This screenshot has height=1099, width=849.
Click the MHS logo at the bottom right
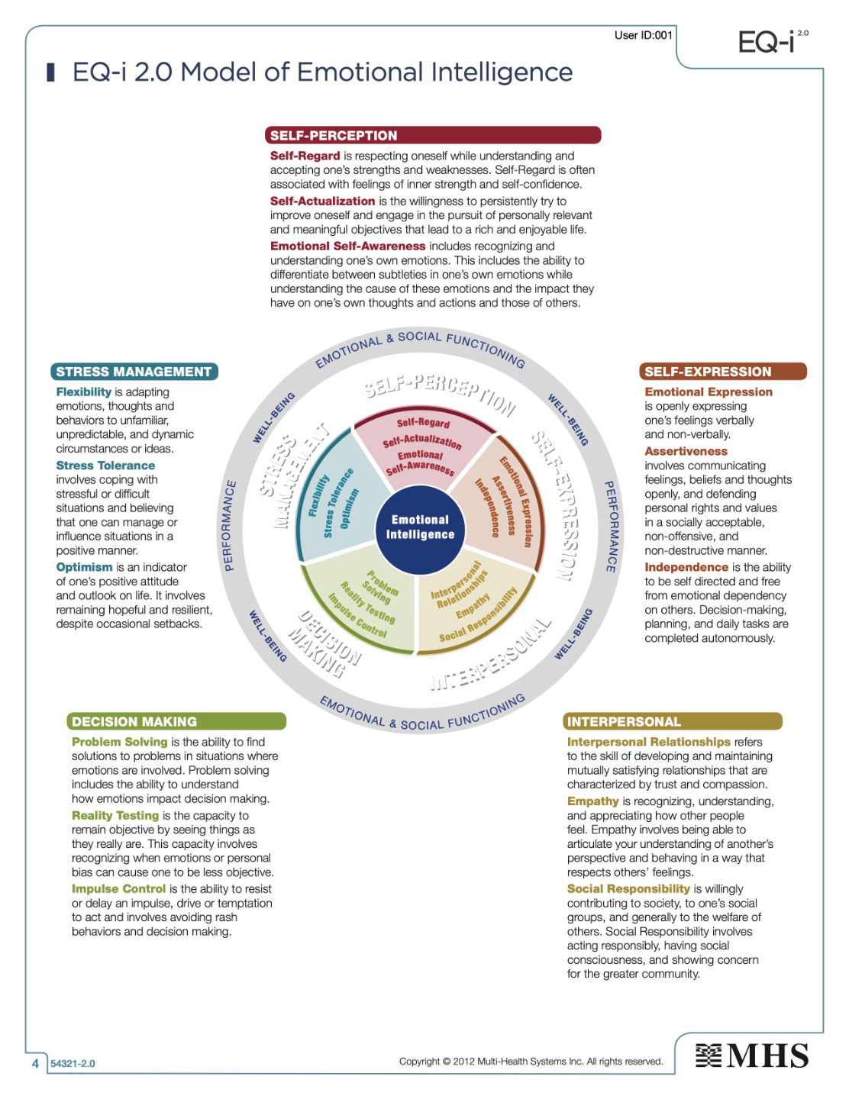point(752,1056)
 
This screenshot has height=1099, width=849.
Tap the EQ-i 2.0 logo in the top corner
point(771,41)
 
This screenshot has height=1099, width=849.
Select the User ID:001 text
point(643,35)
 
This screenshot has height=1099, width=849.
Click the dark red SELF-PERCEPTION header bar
point(433,136)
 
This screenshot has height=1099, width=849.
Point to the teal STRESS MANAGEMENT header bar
point(134,372)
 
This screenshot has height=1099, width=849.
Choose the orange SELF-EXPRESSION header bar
point(722,372)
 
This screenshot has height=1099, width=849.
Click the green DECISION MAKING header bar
point(176,721)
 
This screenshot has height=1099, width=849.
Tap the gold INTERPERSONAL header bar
point(673,721)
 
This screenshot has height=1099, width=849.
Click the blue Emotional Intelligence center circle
point(420,527)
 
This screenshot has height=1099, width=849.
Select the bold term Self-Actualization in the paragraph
point(322,201)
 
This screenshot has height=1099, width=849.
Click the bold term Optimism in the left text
point(84,567)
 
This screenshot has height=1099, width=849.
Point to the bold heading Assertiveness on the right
point(686,451)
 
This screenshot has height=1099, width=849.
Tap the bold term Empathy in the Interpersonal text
point(592,801)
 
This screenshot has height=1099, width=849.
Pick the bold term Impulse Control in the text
point(118,889)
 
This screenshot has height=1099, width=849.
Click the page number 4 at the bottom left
point(35,1063)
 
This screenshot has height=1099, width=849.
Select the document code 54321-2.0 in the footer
point(73,1064)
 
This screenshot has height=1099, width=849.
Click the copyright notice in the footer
point(531,1062)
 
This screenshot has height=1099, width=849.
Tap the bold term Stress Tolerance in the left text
point(105,466)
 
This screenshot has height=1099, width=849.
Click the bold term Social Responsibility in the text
point(628,889)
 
